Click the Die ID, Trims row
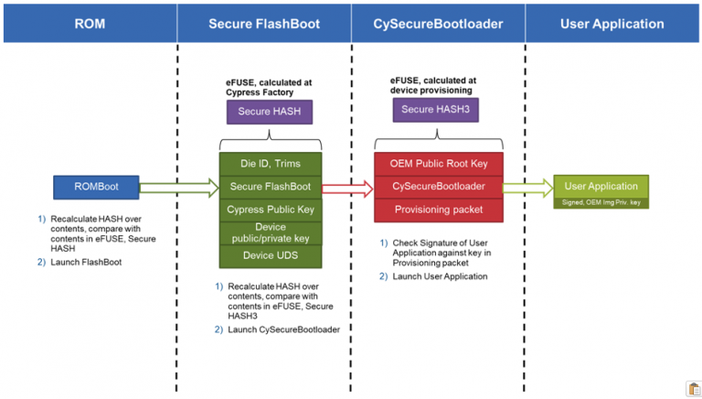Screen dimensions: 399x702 click(x=270, y=164)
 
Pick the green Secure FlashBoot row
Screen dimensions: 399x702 click(x=270, y=187)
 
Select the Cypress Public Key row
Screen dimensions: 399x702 click(x=270, y=210)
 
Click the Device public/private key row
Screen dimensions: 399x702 click(x=270, y=232)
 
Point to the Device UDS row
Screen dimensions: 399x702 click(x=270, y=255)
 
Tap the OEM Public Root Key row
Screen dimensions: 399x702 click(x=439, y=164)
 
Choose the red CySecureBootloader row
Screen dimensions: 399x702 click(x=439, y=187)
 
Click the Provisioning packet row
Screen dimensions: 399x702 click(x=439, y=210)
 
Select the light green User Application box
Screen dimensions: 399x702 click(x=601, y=186)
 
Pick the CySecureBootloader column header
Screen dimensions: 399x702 click(x=438, y=24)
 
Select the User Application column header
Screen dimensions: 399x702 click(x=612, y=24)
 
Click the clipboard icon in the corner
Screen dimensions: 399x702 click(x=693, y=389)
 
